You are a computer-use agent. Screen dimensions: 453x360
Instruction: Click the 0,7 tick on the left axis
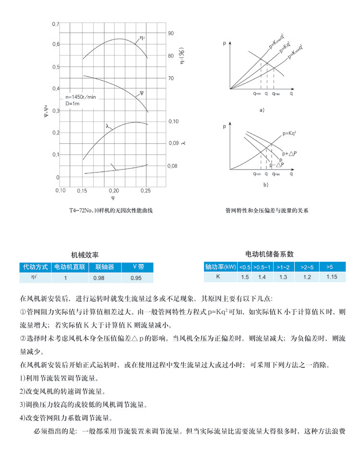tap(55, 24)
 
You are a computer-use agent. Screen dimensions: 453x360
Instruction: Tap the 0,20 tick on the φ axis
tap(113, 191)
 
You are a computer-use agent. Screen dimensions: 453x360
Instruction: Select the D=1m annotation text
tap(72, 103)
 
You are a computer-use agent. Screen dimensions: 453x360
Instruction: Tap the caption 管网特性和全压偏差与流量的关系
tap(266, 210)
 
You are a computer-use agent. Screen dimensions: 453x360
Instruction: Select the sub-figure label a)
tap(262, 110)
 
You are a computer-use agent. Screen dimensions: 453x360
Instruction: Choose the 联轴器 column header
tap(105, 267)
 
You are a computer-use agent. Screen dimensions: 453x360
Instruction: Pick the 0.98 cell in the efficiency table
tap(99, 278)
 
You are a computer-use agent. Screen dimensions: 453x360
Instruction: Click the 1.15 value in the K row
tap(332, 277)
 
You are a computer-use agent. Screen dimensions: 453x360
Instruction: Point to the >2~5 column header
tap(307, 267)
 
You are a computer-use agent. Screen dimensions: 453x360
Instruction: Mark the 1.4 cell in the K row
tap(262, 277)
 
